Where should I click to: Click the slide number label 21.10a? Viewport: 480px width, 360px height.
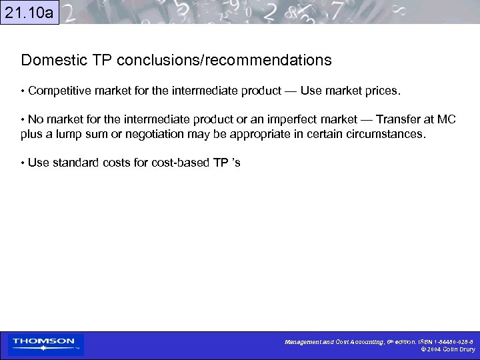tap(29, 12)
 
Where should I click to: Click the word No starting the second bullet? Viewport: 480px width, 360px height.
tap(35, 120)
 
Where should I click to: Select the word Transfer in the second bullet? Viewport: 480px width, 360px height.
tap(397, 120)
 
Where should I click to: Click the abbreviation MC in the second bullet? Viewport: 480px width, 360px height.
tap(447, 120)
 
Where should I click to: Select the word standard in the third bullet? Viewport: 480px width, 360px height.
tap(72, 163)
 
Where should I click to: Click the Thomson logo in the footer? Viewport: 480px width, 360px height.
tap(44, 344)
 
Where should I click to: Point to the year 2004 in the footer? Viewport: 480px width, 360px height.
tap(433, 349)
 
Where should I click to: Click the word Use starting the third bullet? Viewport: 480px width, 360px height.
tap(37, 163)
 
